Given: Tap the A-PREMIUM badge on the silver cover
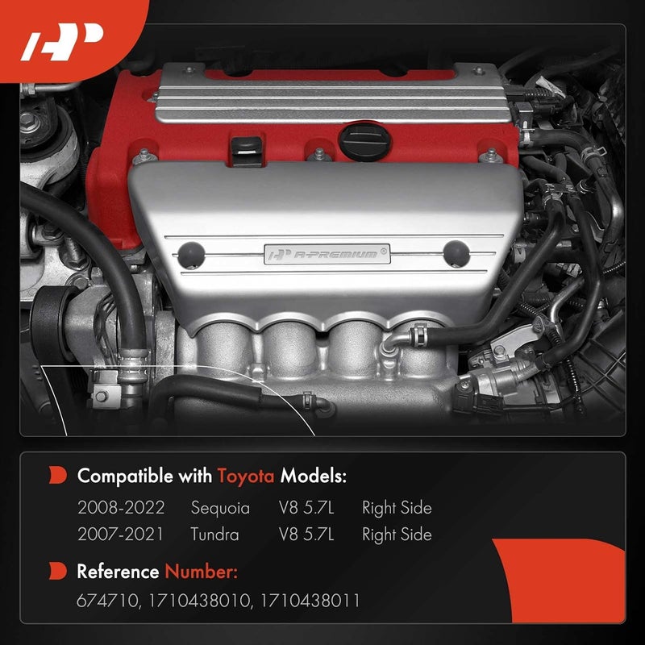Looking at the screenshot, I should (330, 254).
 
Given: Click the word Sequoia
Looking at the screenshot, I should (220, 508).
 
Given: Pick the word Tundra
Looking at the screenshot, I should (215, 535).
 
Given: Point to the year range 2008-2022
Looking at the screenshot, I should (121, 508).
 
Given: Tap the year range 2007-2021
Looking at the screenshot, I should (121, 535).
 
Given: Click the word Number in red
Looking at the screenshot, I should (202, 572).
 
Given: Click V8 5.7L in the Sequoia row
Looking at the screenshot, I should (307, 508).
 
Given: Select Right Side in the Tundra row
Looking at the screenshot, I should (397, 535).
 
